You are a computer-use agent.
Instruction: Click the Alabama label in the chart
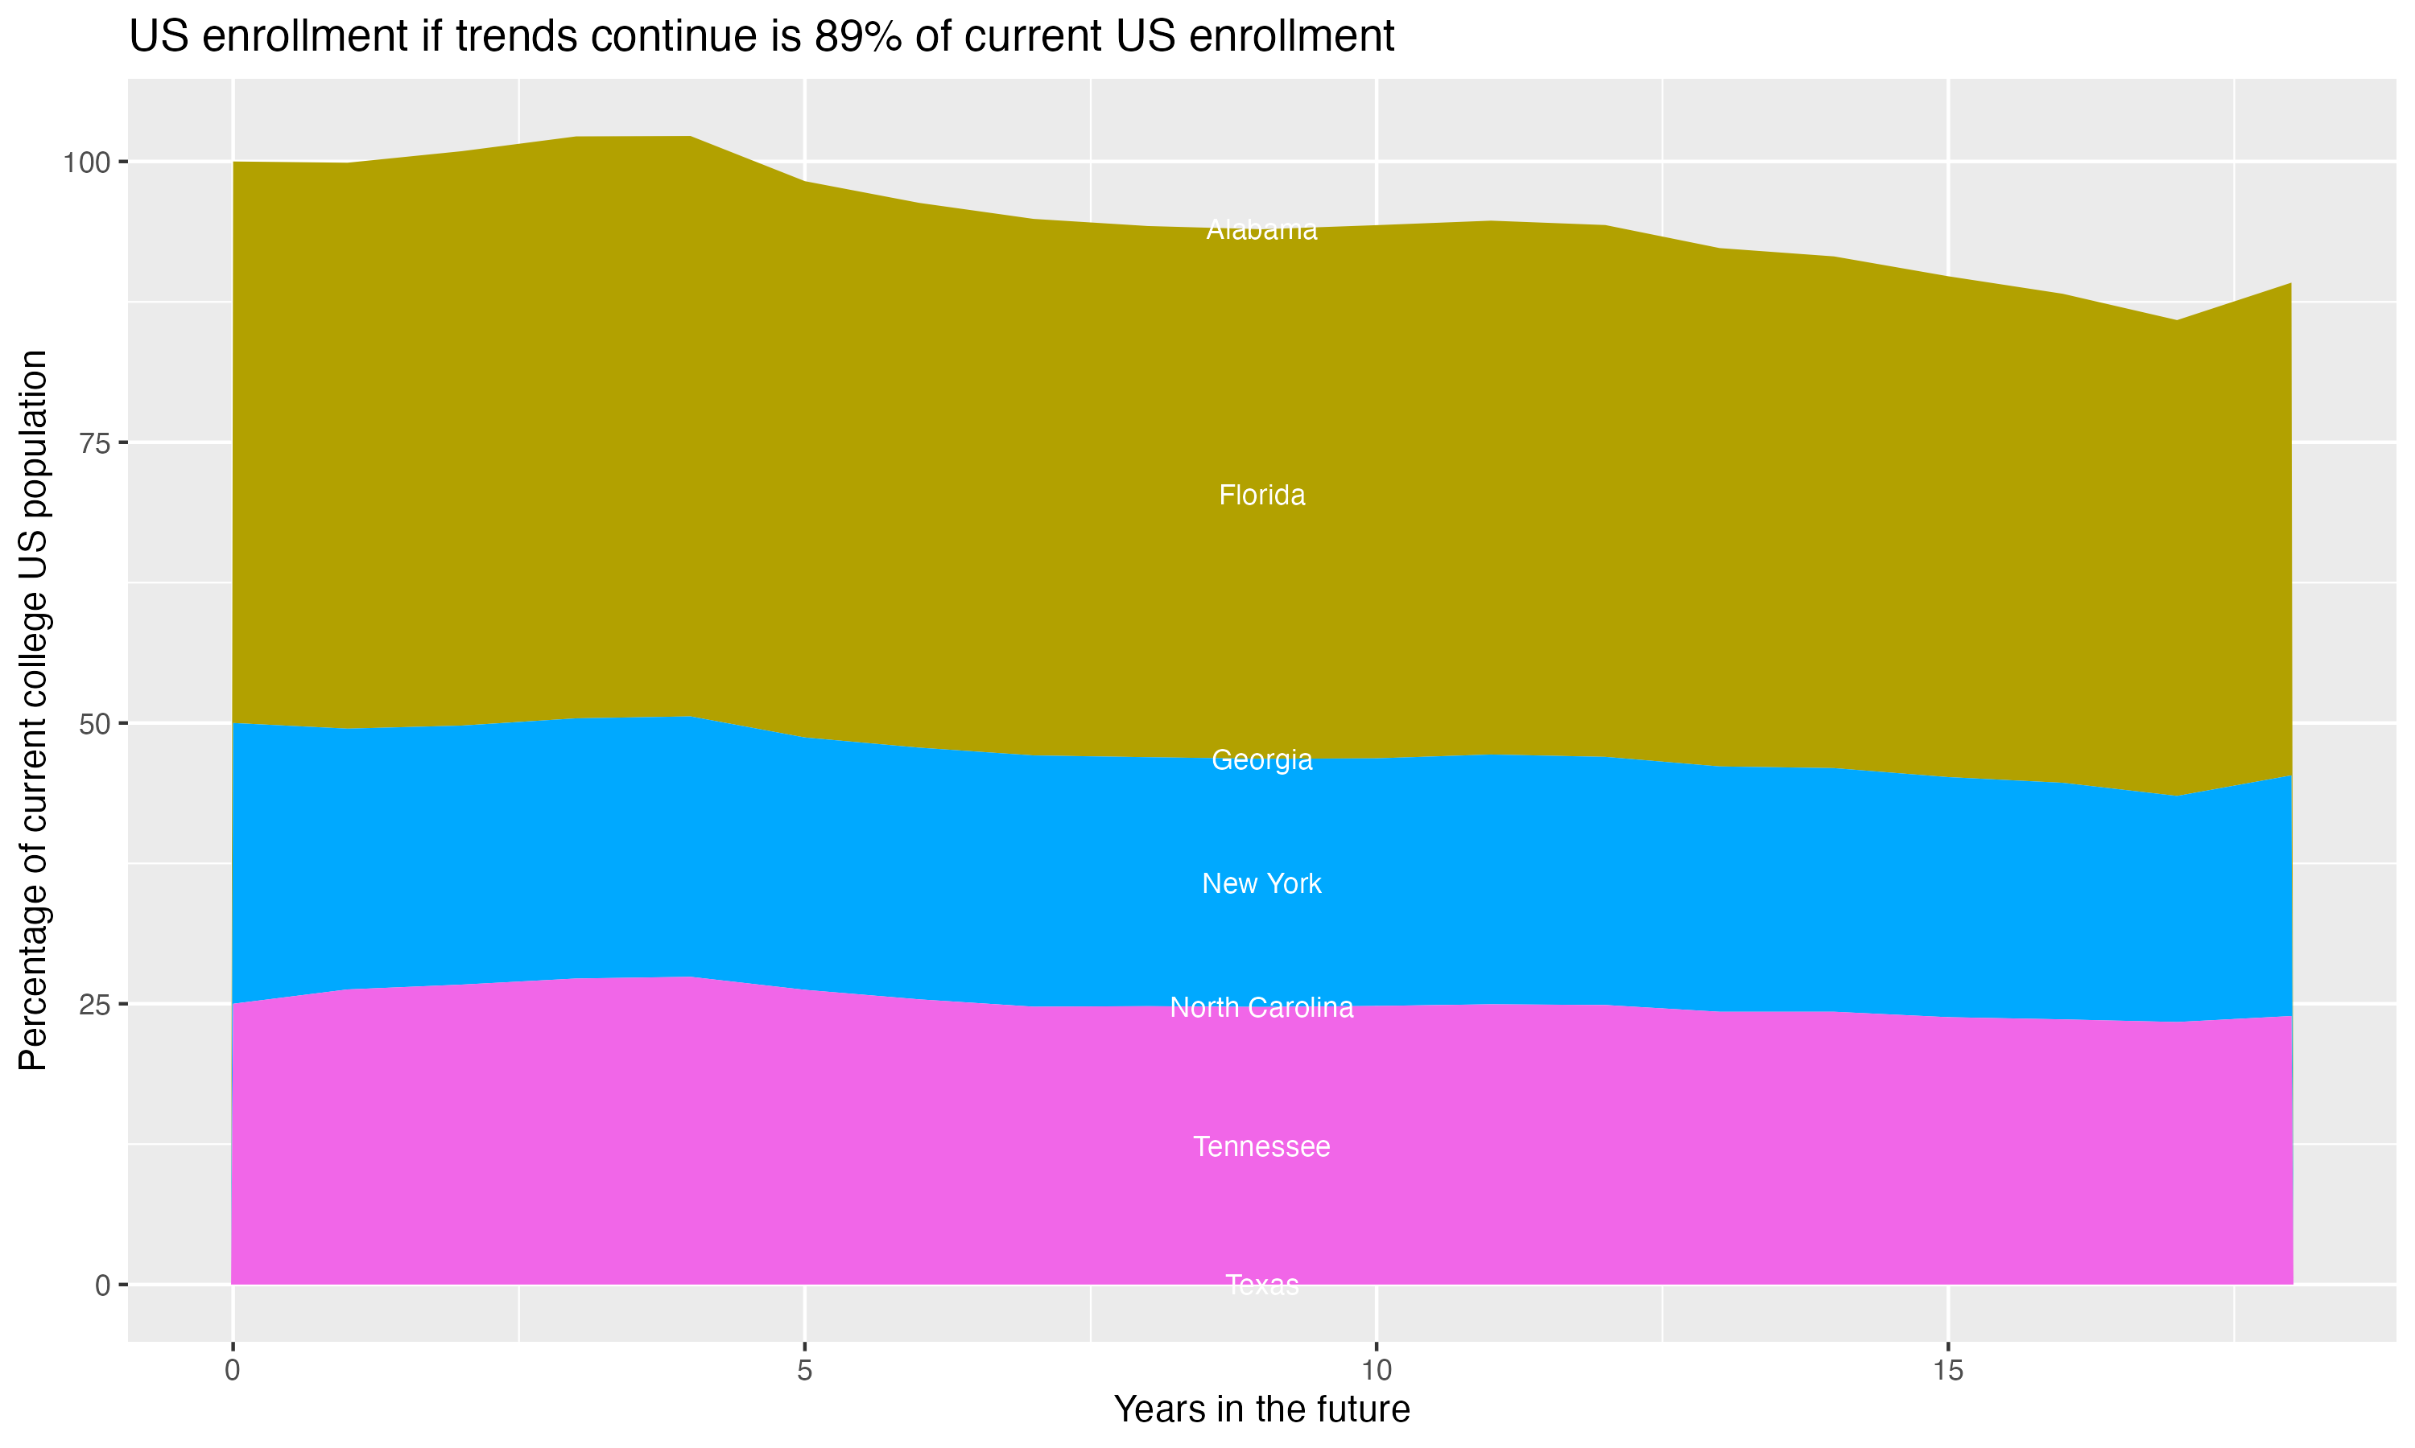pos(1261,230)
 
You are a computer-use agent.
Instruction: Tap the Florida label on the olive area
pos(1261,496)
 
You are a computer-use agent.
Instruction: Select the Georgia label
pos(1261,760)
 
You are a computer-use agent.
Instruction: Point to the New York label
pos(1261,884)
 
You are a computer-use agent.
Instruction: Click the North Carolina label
pos(1261,1008)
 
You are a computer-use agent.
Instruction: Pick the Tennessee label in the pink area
pos(1261,1146)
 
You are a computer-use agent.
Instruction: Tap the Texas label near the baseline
pos(1261,1285)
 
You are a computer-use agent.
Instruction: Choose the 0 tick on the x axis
pos(233,1371)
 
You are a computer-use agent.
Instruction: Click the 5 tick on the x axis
pos(804,1371)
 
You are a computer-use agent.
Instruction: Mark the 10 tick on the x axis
pos(1376,1371)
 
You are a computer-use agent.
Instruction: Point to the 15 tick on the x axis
pos(1947,1371)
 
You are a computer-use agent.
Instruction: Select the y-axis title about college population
pos(33,710)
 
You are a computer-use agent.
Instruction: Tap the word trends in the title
pos(518,37)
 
